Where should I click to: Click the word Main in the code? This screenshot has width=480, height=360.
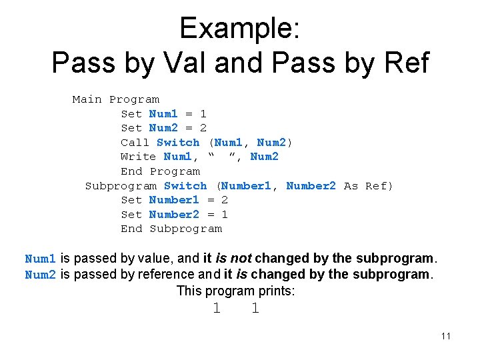87,99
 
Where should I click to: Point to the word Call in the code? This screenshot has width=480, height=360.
135,142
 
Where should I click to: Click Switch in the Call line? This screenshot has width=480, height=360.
178,142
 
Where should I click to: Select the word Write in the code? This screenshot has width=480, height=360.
138,157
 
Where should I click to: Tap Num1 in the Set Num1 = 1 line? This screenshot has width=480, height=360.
163,114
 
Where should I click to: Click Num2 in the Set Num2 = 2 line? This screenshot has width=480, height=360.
163,128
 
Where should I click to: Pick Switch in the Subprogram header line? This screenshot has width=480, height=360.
185,186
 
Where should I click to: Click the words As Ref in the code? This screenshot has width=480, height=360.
368,186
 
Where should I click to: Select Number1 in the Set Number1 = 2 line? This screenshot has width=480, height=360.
174,200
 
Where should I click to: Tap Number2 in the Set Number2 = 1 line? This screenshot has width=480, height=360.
174,215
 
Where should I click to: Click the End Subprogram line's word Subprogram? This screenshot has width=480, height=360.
185,229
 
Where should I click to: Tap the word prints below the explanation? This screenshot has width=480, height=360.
276,291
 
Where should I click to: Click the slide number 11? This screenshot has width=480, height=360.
446,336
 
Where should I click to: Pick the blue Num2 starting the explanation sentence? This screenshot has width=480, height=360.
40,275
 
